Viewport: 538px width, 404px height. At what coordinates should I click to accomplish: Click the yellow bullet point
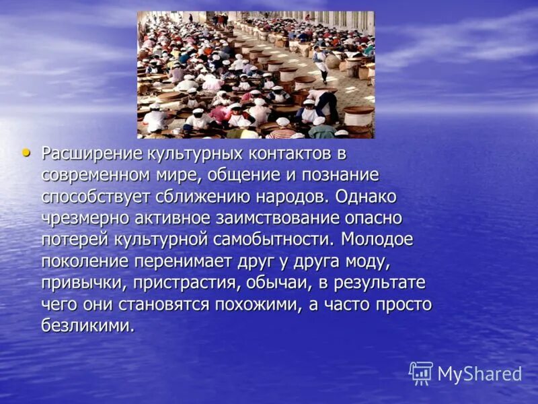(26, 153)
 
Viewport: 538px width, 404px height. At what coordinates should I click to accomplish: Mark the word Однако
(367, 198)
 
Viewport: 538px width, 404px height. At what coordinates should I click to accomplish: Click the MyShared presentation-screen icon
(421, 373)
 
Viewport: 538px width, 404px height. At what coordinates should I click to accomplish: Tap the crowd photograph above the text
(256, 75)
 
